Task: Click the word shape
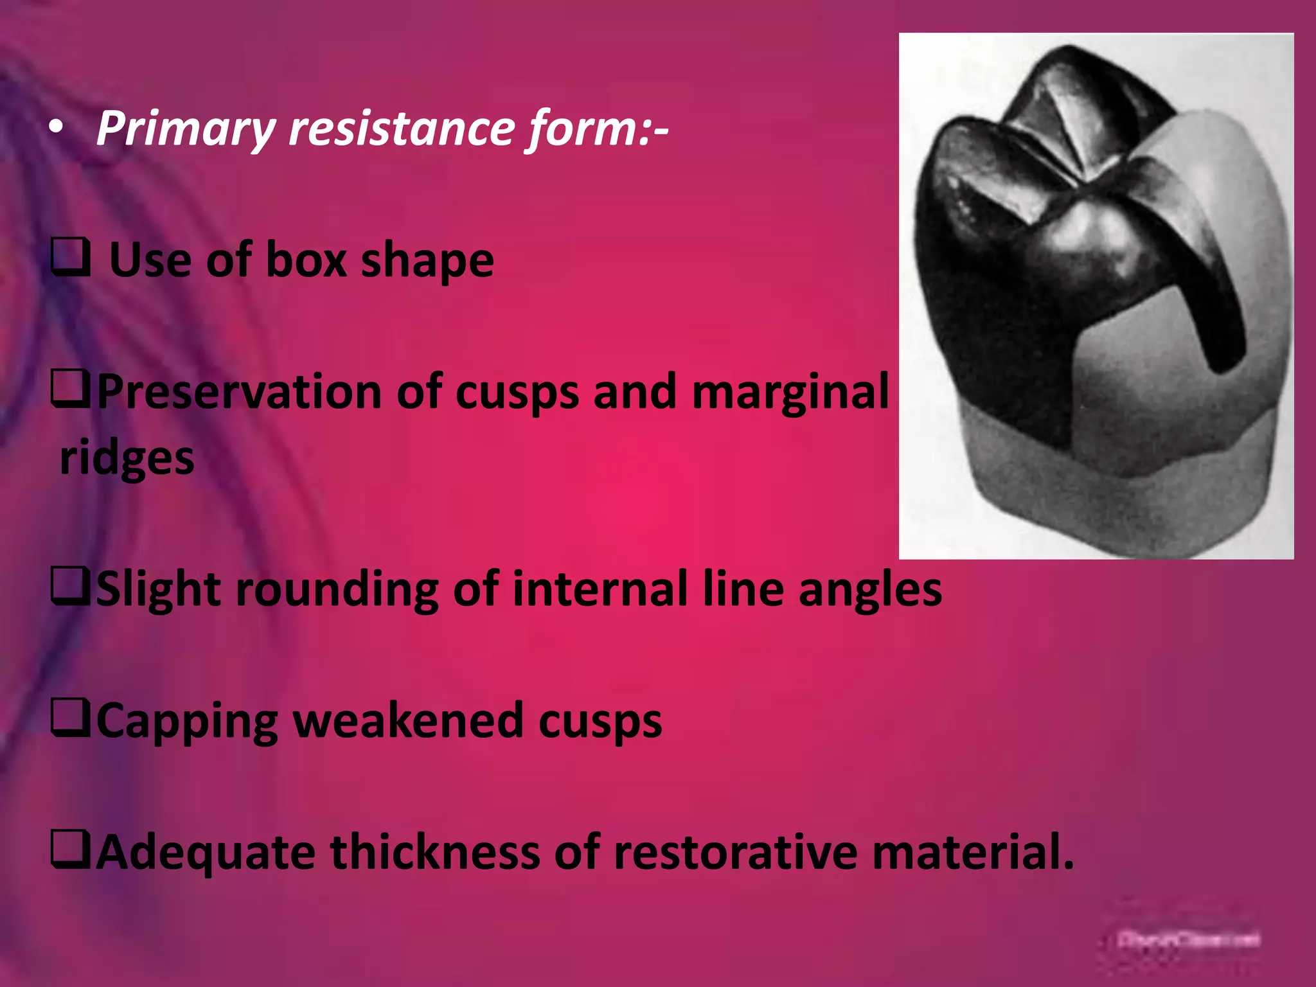(x=427, y=261)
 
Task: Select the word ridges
(x=127, y=459)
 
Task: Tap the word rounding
(x=337, y=590)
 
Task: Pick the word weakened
(x=408, y=721)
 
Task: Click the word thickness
(x=435, y=852)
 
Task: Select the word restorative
(x=736, y=852)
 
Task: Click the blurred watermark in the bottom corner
(x=1188, y=939)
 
